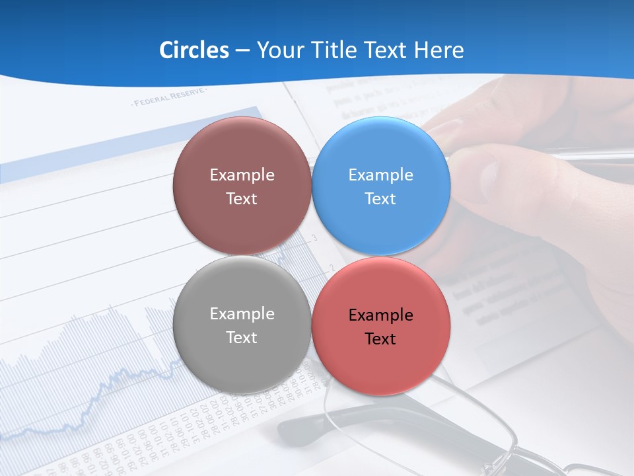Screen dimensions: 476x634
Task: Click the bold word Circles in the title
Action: [x=194, y=50]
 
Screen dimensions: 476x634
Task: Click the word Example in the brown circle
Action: [x=242, y=175]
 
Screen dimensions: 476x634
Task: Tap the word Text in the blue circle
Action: [x=380, y=199]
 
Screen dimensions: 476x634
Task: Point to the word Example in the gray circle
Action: [x=242, y=314]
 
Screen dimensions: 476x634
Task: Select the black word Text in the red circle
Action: [x=380, y=339]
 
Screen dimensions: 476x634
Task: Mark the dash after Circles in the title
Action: [x=242, y=51]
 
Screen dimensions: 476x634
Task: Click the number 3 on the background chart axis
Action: [x=314, y=237]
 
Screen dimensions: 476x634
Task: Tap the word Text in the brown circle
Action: [x=242, y=199]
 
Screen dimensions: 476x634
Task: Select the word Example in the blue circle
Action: [x=380, y=175]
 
